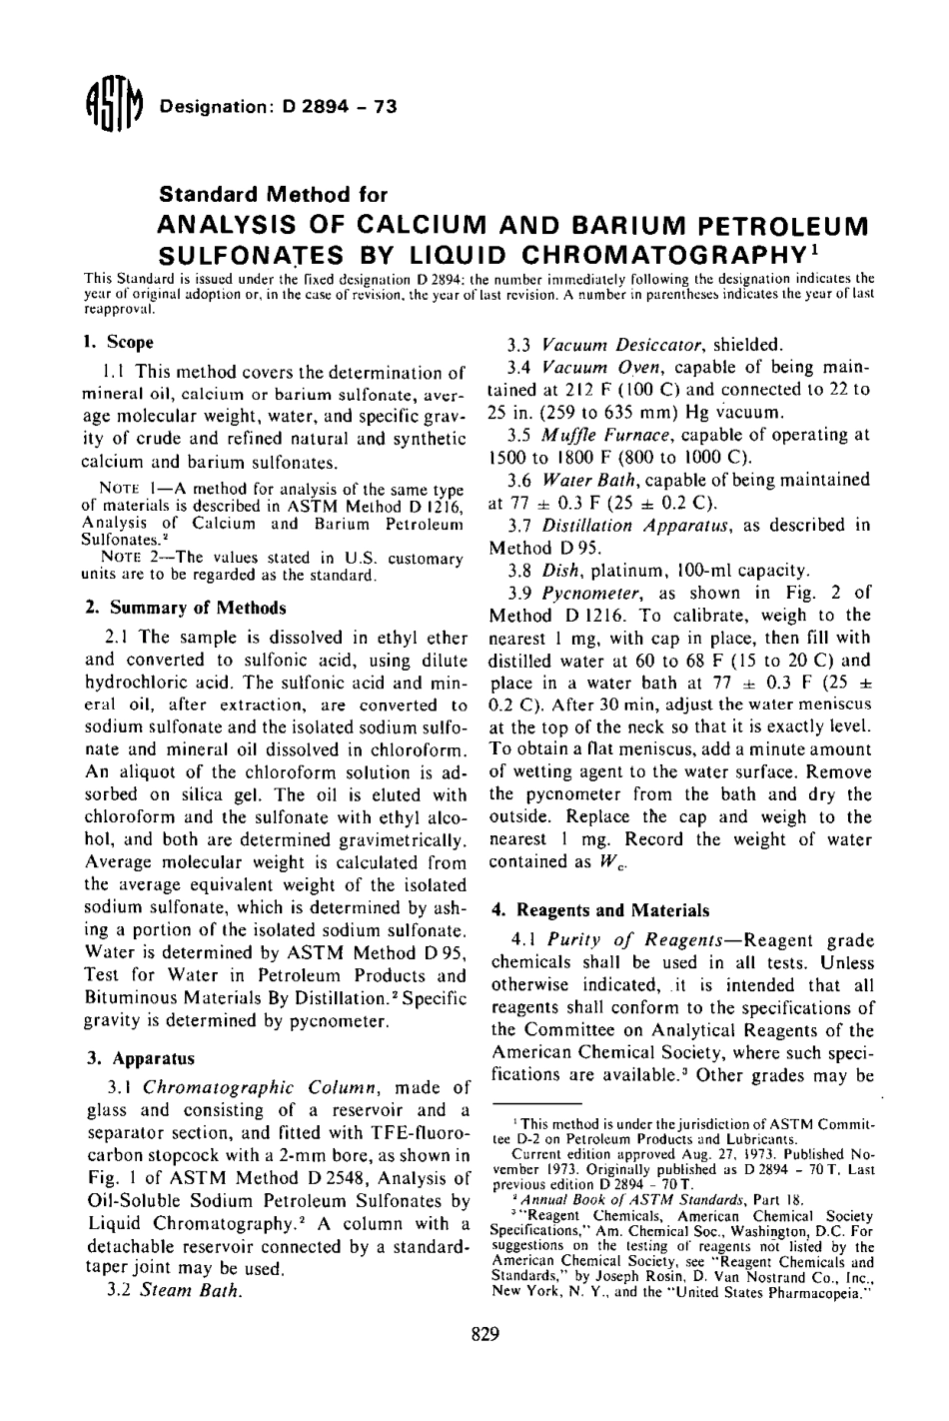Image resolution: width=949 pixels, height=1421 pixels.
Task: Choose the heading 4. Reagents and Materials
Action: pos(599,909)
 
